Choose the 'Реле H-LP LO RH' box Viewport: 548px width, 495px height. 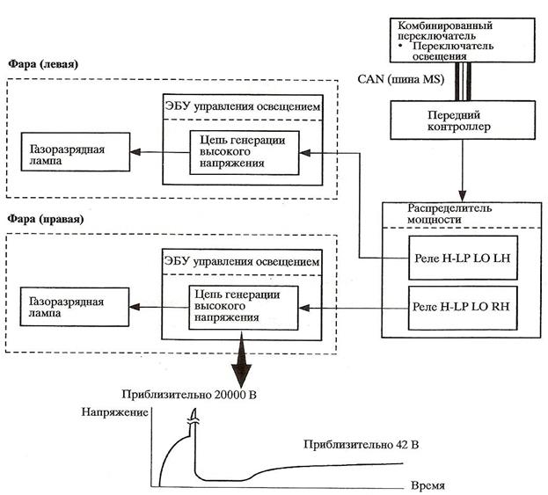coord(462,309)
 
